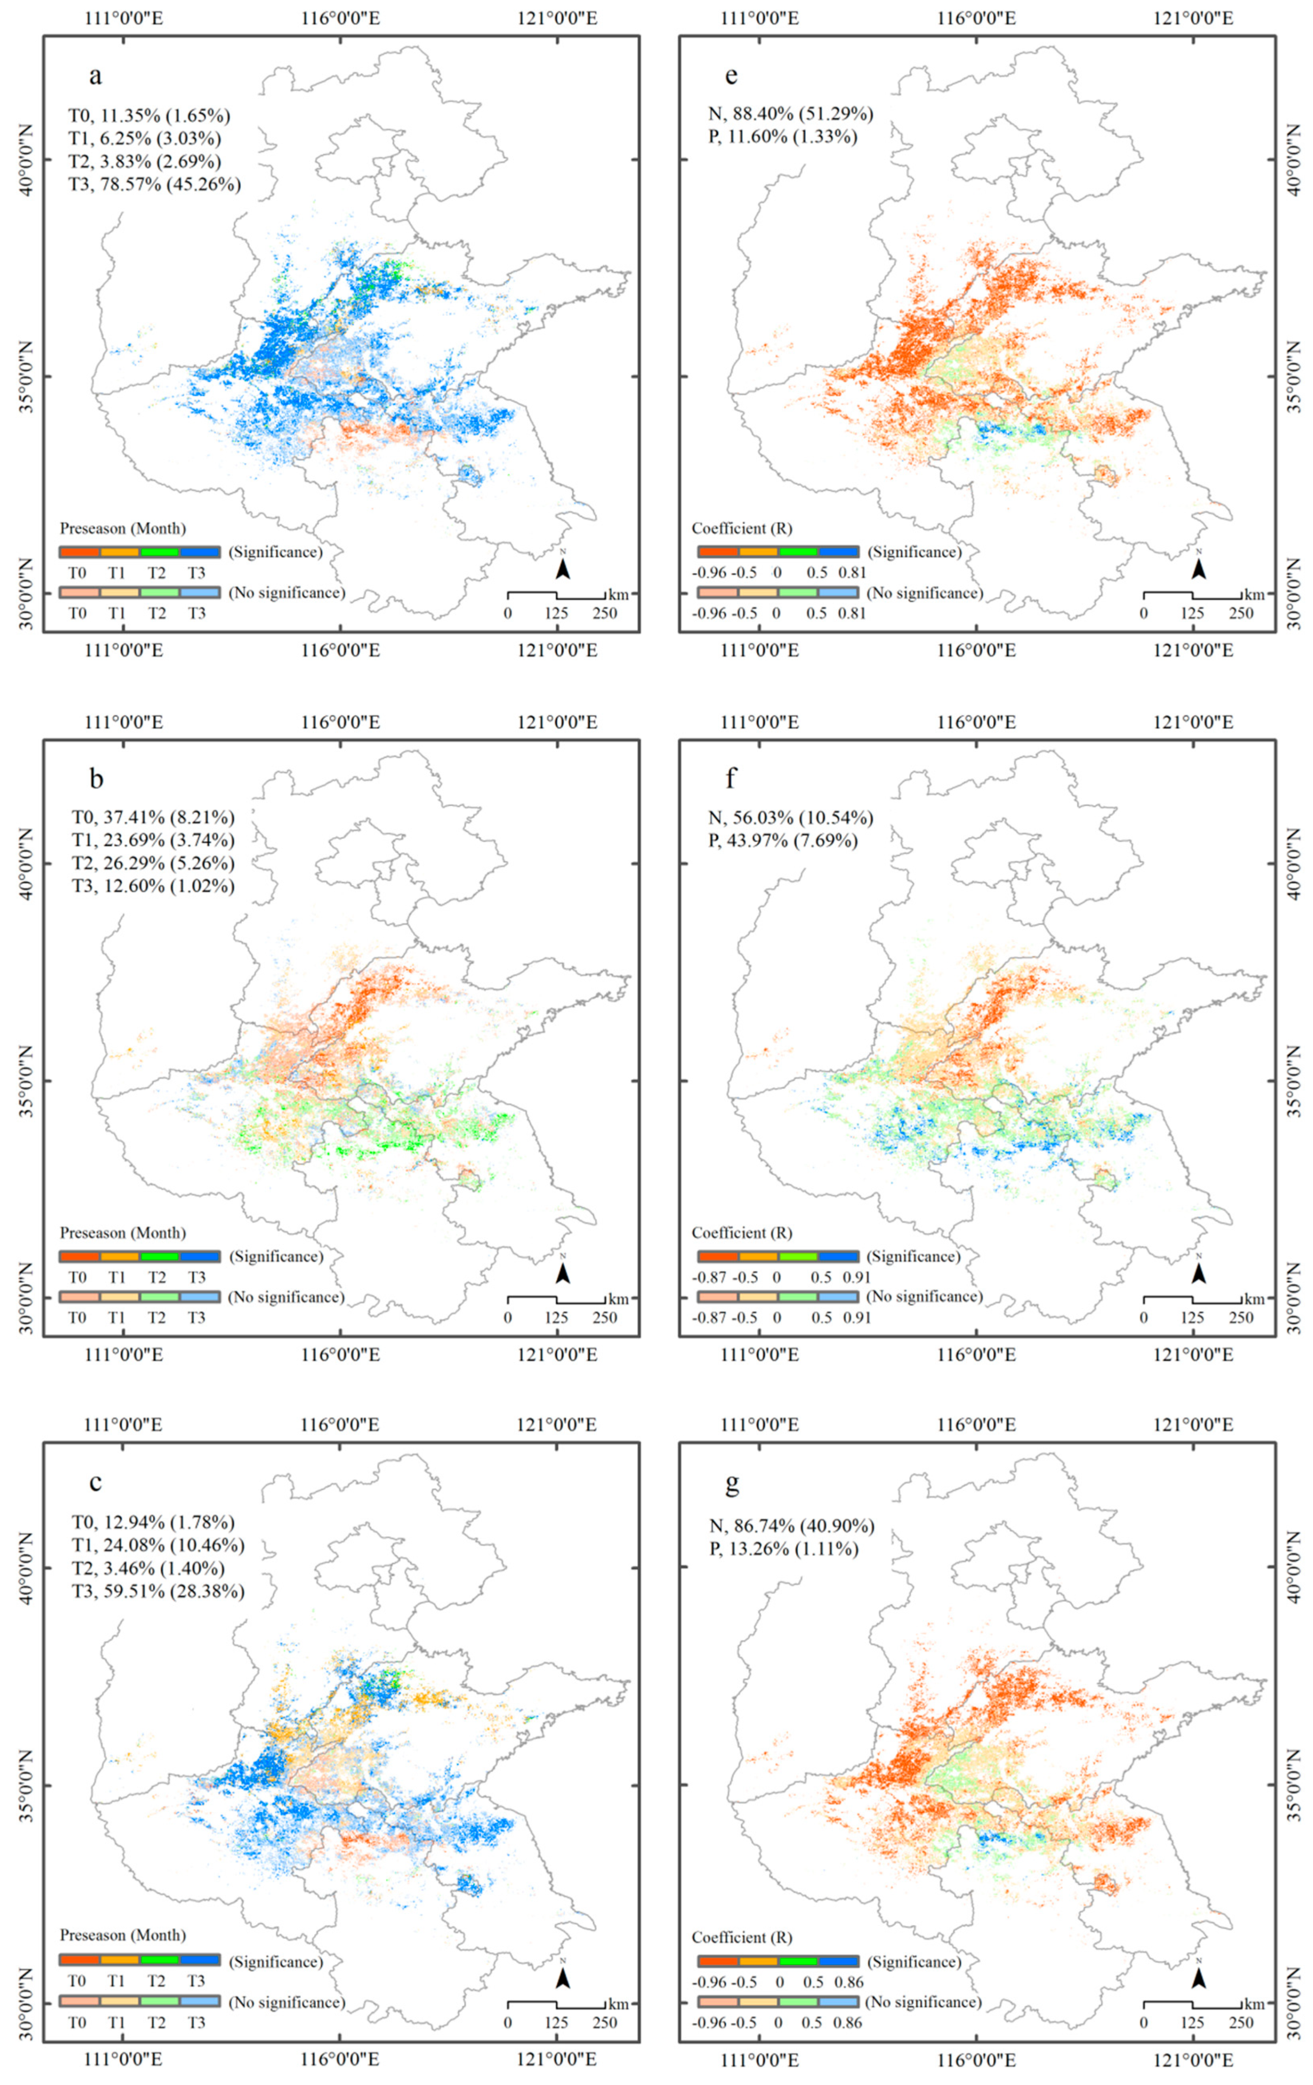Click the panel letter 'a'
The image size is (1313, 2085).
coord(95,76)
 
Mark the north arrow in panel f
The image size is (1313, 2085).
coord(1198,1272)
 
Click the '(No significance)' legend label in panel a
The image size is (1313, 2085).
coord(287,593)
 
